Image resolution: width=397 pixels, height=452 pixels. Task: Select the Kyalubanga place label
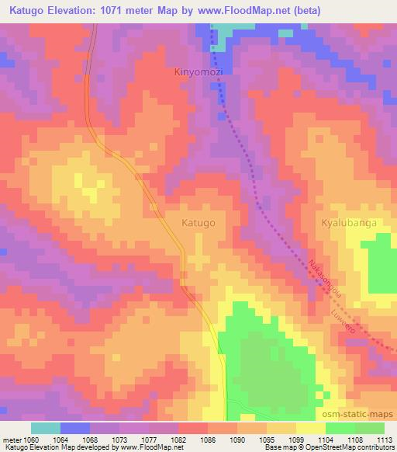coord(348,222)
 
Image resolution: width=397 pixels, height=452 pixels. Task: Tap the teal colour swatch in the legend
coord(46,428)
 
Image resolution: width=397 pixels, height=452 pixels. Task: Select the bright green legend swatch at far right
coord(369,428)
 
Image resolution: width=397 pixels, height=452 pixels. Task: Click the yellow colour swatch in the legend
coord(310,428)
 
